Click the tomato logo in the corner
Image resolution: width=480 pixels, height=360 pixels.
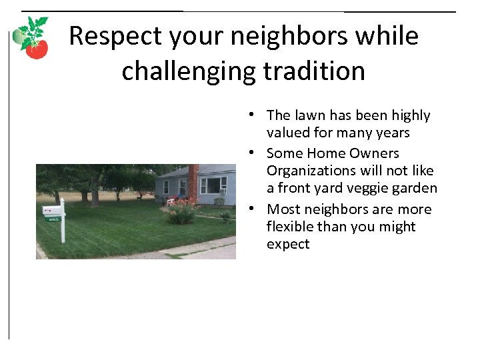click(32, 38)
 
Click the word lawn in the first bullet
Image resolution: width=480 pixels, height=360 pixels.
click(309, 115)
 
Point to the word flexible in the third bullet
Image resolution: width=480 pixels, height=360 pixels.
click(291, 227)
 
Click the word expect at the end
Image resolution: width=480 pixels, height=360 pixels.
click(288, 244)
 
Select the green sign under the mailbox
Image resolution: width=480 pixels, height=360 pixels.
click(53, 218)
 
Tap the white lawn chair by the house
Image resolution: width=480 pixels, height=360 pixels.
click(171, 201)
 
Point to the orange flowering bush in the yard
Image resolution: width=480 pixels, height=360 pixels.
click(182, 211)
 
